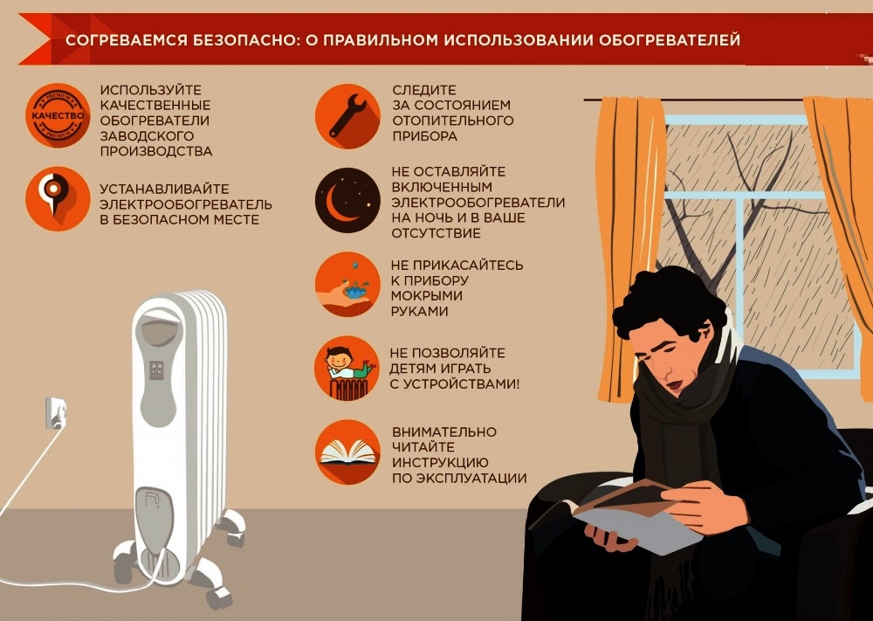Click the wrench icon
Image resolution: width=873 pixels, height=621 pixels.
pos(347,116)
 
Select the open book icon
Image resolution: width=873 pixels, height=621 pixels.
pos(347,452)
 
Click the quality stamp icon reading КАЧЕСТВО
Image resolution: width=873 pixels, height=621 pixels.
pos(58,116)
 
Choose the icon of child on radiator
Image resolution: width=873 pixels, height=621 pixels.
pos(347,368)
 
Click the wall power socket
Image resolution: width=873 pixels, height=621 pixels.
pos(56,413)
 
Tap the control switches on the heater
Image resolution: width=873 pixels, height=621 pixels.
pos(156,369)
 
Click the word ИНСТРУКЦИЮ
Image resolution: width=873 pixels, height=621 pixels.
pos(440,462)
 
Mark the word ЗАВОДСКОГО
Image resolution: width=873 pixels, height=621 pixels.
pos(147,136)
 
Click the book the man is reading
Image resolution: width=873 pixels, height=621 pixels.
pos(618,515)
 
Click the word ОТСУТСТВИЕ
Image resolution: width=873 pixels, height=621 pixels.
pos(436,233)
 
